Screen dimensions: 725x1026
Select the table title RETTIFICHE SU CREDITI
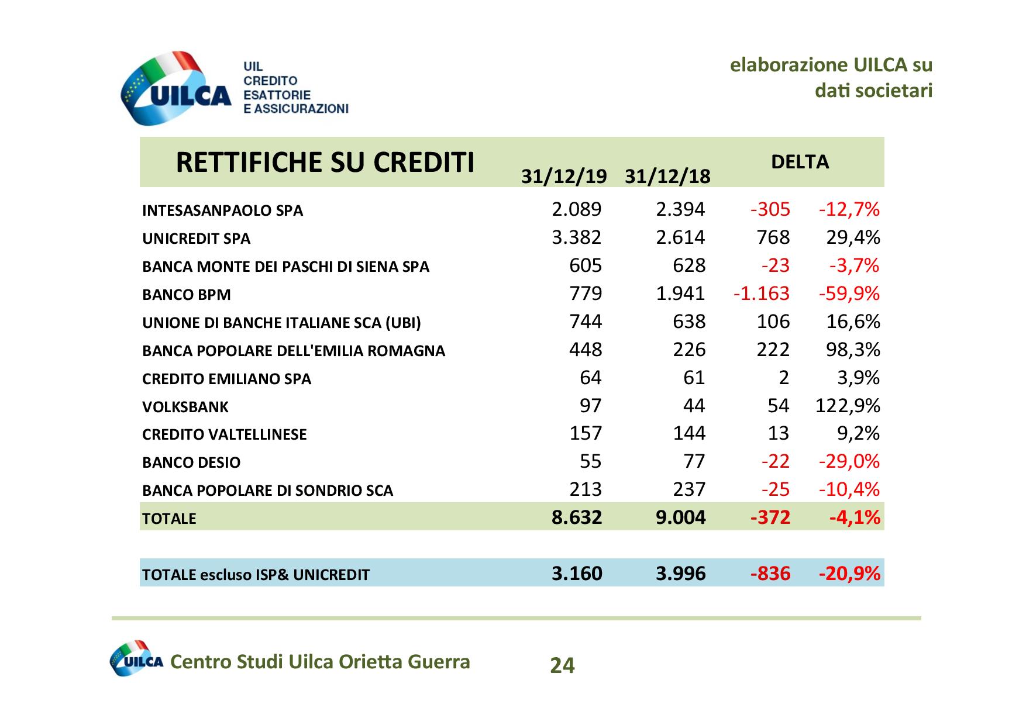[325, 162]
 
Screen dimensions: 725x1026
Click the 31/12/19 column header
[564, 176]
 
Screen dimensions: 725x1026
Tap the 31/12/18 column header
[667, 176]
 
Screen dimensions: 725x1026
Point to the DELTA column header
[800, 162]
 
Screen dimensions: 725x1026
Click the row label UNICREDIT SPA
[196, 239]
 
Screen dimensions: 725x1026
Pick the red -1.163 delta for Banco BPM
[761, 293]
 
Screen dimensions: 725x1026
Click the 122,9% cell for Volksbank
[848, 405]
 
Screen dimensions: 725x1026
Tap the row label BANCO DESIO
[191, 462]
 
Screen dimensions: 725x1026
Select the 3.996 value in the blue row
[680, 573]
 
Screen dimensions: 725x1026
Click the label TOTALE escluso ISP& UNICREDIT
[256, 575]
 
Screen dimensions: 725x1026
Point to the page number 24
[562, 665]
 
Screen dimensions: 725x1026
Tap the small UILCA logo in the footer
[136, 659]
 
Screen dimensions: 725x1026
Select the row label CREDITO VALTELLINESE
[224, 434]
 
